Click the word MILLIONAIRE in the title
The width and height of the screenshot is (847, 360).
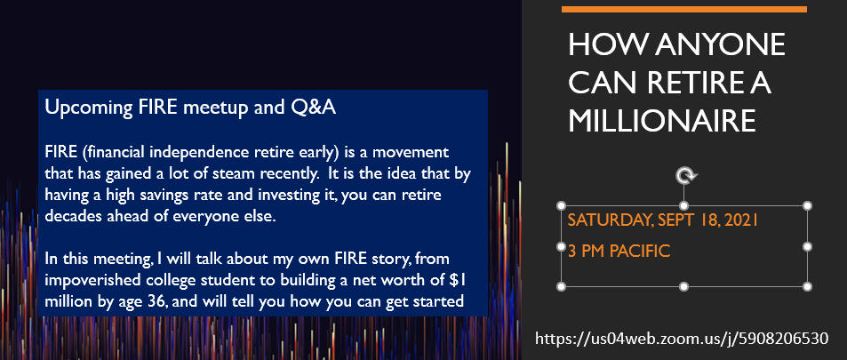[x=662, y=121]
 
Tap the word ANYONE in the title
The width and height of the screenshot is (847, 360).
[x=721, y=44]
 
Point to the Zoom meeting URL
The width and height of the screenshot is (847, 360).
[x=681, y=339]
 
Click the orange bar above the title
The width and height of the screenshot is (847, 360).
[x=683, y=9]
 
